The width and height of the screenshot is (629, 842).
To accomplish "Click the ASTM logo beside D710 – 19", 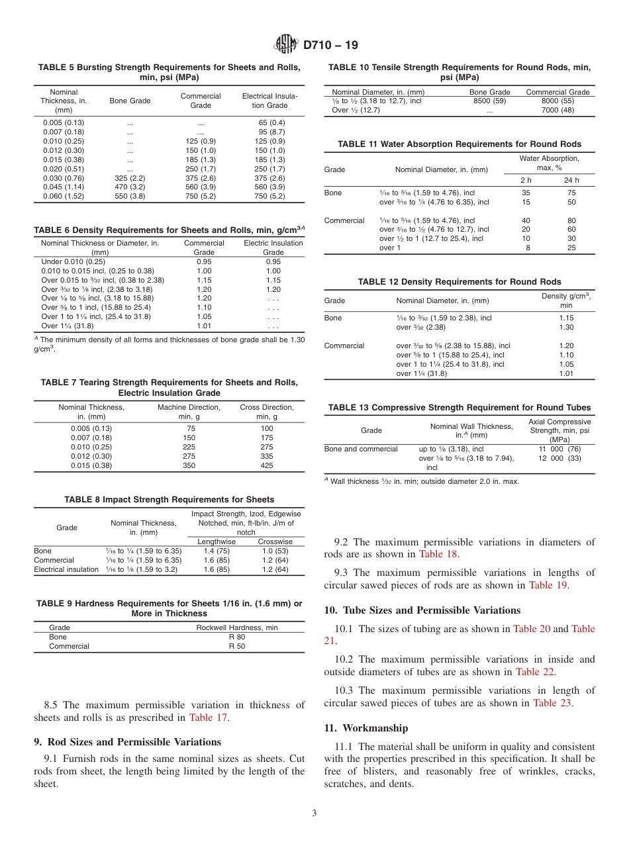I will click(x=287, y=45).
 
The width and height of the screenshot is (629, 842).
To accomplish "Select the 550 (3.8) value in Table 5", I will click(x=130, y=196).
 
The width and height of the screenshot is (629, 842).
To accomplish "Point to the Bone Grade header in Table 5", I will click(x=130, y=101).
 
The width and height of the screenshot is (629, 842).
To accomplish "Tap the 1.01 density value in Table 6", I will click(x=204, y=326).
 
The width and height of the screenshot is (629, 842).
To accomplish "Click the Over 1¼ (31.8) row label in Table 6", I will click(x=68, y=326).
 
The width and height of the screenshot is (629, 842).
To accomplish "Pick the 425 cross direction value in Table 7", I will click(x=266, y=465).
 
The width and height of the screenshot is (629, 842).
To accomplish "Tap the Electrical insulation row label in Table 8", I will click(x=66, y=569).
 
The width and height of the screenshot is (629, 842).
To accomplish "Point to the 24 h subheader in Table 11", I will click(x=571, y=180).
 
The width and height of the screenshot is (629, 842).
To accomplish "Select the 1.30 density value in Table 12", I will click(x=566, y=327).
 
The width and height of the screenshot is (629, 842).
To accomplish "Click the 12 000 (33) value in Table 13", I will click(x=559, y=458).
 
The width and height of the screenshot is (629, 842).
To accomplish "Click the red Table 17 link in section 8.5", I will click(x=209, y=717).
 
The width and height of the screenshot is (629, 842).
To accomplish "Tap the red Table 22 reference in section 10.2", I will click(x=536, y=672).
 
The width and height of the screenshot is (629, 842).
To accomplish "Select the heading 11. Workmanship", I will click(x=366, y=728).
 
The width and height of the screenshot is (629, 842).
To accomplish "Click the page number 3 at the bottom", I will click(x=314, y=814).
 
